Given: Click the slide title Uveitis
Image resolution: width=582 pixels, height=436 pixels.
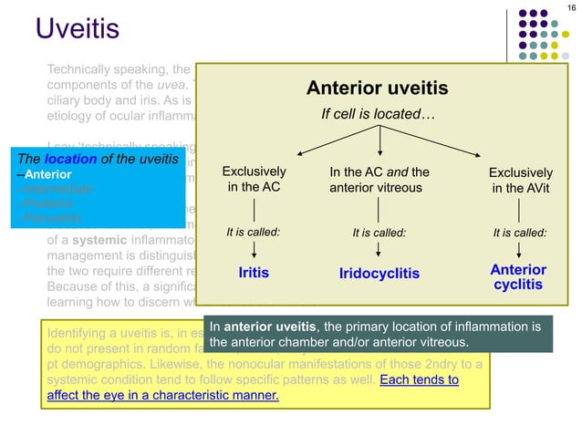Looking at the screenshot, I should pos(78,29).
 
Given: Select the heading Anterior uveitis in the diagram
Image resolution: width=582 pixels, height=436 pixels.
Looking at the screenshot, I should pos(377,88).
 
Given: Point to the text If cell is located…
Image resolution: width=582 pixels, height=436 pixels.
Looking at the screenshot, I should pos(377,115).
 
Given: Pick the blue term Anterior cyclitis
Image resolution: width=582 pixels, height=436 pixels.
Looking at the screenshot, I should pos(518,277).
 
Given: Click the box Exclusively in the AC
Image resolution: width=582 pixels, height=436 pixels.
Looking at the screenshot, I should pos(254,180).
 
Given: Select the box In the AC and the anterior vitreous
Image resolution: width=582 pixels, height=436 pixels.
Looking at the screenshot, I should pos(379,180).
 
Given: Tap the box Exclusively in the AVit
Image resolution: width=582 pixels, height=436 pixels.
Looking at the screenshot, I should pos(520,180).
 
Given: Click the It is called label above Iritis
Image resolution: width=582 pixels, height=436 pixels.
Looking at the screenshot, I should pos(254,232).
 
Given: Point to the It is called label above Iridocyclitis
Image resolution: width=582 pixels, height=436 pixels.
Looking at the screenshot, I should pos(379,233).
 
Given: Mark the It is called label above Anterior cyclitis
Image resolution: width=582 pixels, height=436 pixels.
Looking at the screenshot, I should pos(520,233).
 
